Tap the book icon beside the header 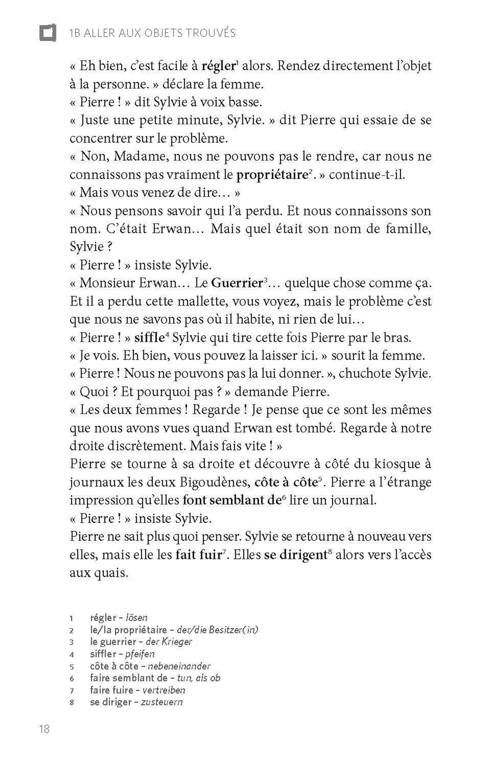(48, 33)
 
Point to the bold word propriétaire (272, 175)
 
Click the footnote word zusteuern (162, 702)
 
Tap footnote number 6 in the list (72, 679)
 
